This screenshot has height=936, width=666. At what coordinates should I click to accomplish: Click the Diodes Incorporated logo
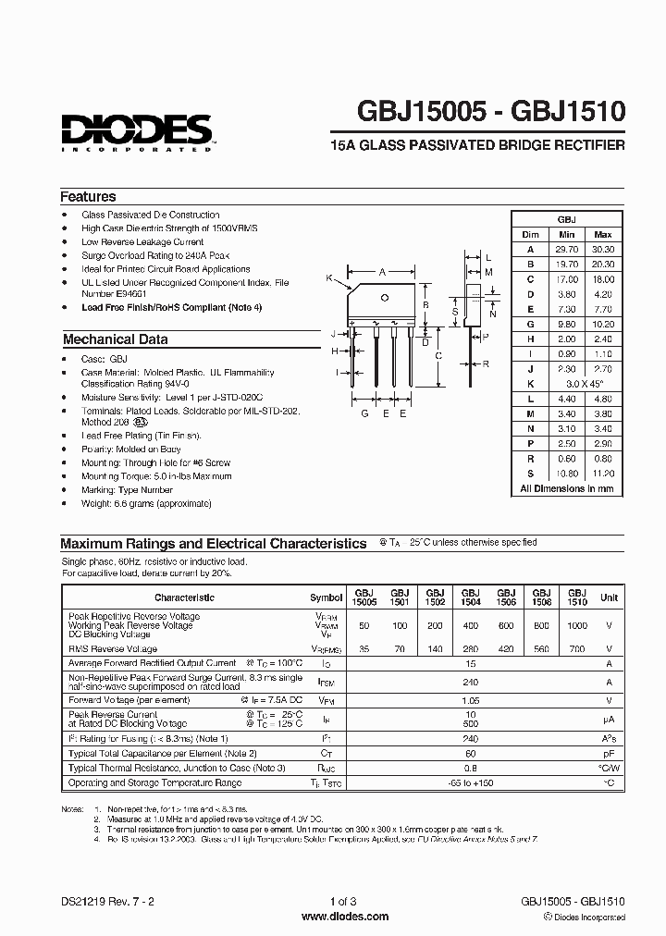click(136, 133)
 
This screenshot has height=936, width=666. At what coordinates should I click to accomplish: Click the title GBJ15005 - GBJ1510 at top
click(491, 114)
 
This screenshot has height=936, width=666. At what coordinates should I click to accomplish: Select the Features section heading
click(88, 197)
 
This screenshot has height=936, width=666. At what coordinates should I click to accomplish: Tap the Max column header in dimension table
click(602, 235)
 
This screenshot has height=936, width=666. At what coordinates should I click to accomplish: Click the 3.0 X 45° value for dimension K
click(584, 383)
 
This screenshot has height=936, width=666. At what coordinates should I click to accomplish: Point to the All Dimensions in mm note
click(566, 487)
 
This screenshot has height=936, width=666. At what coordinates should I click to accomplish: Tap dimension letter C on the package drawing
click(438, 355)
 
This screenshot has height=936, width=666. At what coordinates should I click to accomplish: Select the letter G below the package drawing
click(364, 414)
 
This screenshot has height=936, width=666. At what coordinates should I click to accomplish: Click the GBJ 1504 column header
click(470, 597)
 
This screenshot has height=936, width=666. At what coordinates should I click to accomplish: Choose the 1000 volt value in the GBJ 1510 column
click(577, 626)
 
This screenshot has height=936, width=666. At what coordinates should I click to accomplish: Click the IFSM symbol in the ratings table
click(326, 682)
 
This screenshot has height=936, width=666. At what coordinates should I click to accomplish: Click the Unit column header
click(609, 597)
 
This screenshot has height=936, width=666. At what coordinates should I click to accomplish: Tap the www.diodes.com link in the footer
click(332, 916)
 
